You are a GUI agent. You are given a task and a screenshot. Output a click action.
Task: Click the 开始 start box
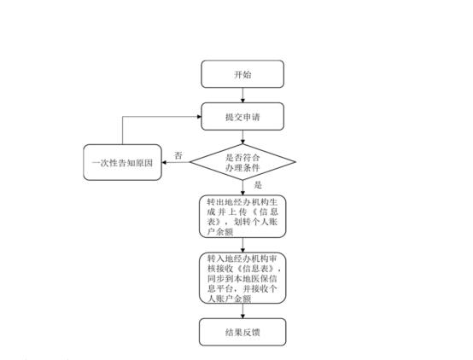pos(242,74)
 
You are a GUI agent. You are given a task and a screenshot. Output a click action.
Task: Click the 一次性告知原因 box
pos(122,162)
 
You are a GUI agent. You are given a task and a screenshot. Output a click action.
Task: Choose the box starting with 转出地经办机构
pos(242,217)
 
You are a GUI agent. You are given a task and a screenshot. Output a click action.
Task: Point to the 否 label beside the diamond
pos(178,155)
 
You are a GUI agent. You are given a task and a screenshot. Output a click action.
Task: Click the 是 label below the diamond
pos(258,183)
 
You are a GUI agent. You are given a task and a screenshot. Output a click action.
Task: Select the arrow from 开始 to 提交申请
pos(242,95)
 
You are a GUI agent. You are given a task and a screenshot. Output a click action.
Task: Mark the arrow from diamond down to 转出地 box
pos(242,188)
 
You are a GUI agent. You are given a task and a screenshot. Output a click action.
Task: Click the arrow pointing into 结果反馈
pos(242,310)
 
